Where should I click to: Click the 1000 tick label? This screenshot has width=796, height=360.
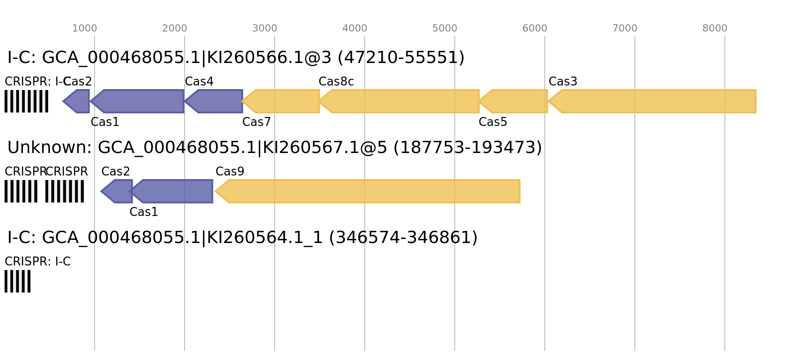85,28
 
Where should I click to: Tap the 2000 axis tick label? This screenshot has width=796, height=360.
174,28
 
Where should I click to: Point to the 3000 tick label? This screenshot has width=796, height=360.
264,28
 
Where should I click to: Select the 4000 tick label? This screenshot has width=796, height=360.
354,28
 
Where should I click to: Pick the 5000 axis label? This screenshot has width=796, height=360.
444,28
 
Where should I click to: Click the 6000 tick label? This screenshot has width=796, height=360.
534,28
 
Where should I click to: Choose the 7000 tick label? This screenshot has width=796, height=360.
624,28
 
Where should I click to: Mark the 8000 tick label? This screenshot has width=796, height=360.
715,28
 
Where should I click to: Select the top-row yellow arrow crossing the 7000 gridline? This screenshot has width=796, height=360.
653,101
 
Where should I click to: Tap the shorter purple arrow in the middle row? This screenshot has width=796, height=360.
118,191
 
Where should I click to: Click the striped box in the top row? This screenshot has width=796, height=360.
26,101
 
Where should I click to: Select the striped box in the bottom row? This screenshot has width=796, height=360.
18,281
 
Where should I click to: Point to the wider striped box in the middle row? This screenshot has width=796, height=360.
64,191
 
